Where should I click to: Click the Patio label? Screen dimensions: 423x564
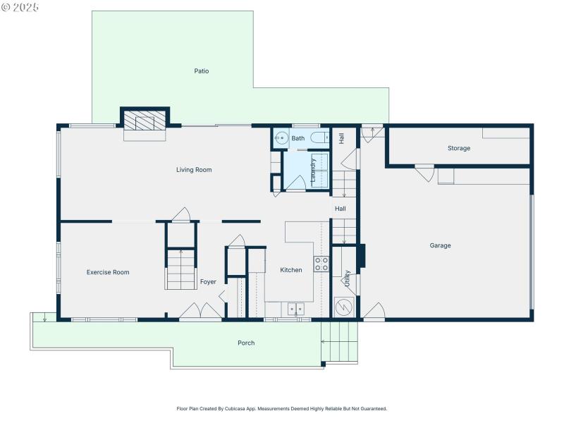(x=202, y=71)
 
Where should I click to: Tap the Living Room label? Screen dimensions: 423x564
(x=194, y=170)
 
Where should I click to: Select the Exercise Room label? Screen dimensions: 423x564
(x=108, y=272)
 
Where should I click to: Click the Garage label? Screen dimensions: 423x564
(x=440, y=245)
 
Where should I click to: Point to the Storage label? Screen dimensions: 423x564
(x=458, y=149)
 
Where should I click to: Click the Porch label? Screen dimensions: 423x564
(x=246, y=343)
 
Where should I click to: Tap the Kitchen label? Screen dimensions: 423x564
(x=291, y=270)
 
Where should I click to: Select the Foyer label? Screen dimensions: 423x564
(x=208, y=282)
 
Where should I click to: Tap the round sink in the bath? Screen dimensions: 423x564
(x=281, y=138)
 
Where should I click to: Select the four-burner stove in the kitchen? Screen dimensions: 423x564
(x=321, y=264)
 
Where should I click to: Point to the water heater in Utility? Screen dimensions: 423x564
(x=343, y=307)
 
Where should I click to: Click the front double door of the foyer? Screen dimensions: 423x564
(x=200, y=312)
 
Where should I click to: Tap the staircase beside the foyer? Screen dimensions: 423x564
(x=181, y=270)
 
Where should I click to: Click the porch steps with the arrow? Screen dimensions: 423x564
(x=339, y=341)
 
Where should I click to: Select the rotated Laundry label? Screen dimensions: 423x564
(x=313, y=170)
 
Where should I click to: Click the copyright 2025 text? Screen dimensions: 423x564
(x=20, y=6)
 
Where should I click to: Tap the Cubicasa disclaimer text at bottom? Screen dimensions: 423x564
(x=281, y=409)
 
